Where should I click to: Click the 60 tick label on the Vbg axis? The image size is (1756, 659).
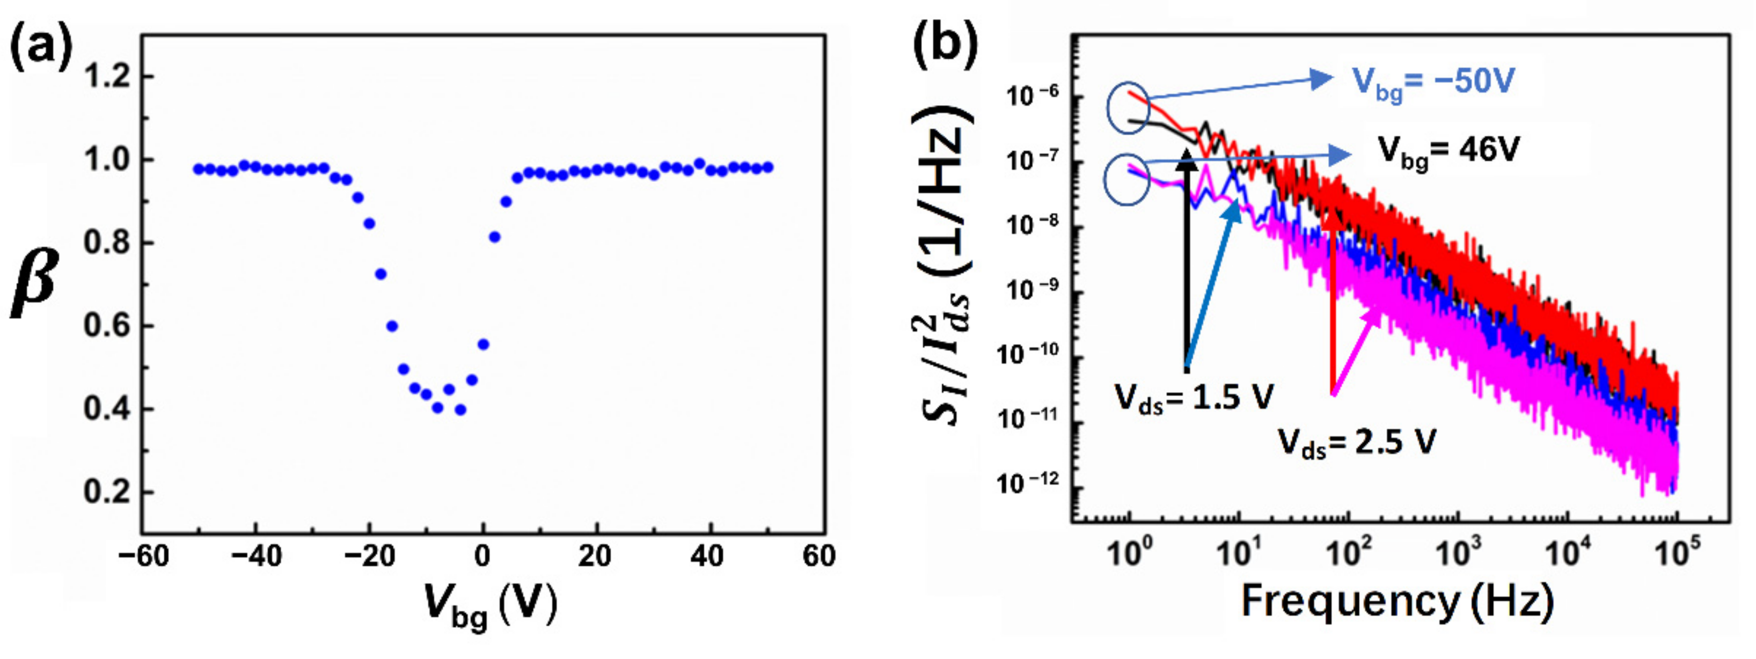pos(818,557)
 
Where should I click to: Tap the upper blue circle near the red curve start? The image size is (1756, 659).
pos(1128,108)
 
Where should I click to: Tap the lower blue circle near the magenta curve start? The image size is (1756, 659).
pos(1128,179)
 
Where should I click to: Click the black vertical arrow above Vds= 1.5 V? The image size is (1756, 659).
pos(1187,259)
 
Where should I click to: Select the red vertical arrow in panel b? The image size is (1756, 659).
pos(1333,300)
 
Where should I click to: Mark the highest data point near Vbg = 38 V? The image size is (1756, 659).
pos(699,164)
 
